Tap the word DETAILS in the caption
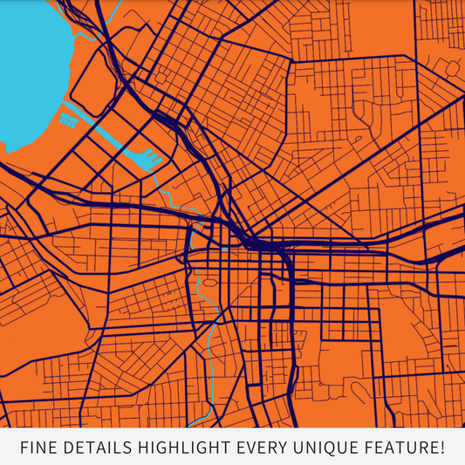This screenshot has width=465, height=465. pyautogui.click(x=95, y=448)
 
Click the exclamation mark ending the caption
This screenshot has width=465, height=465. pyautogui.click(x=441, y=448)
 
